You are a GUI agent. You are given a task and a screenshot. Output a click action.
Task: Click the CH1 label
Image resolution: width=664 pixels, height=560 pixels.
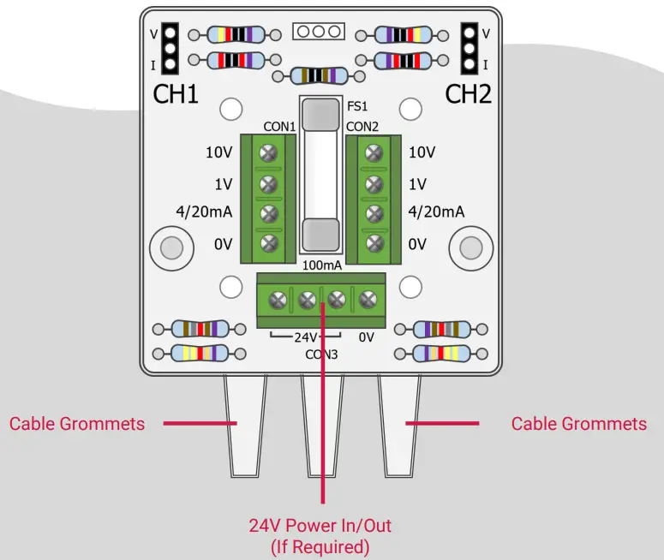176,95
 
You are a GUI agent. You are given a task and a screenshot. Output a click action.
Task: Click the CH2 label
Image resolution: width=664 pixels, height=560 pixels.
469,95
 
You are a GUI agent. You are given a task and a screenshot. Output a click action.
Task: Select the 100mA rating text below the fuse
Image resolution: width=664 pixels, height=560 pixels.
322,265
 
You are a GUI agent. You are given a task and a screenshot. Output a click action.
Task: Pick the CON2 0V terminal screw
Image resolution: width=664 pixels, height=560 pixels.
374,243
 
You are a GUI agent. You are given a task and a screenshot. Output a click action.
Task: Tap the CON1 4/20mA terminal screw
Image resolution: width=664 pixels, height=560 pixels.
269,213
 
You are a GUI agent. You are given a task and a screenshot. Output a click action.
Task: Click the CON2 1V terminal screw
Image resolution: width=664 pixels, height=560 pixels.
374,184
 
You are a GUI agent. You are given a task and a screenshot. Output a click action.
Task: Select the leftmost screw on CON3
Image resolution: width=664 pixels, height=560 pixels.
278,300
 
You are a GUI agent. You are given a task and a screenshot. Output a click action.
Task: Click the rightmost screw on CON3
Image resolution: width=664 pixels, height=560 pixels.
368,300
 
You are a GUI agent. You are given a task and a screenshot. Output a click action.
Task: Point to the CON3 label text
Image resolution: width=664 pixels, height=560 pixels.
322,354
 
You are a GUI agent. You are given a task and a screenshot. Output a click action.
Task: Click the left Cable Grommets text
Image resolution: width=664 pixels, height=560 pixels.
77,424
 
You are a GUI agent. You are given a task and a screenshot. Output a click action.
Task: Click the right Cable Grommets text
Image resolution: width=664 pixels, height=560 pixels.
578,424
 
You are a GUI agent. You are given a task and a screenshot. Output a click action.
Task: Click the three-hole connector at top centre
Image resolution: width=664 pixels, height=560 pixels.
318,32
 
